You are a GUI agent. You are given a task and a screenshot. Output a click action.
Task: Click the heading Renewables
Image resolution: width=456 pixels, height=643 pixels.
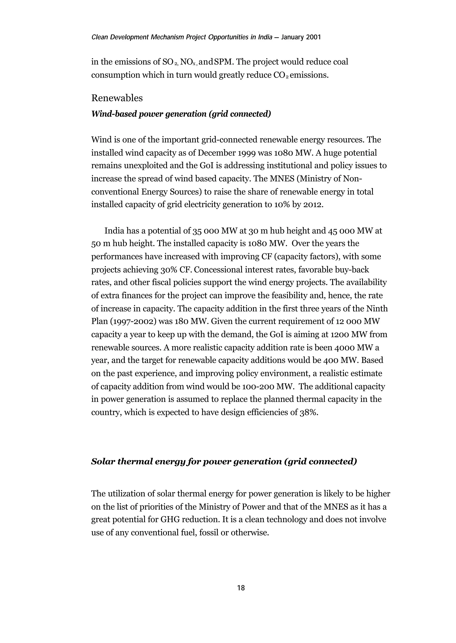(x=117, y=98)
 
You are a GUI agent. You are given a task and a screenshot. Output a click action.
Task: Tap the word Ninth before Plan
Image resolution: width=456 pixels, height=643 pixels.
(x=377, y=308)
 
